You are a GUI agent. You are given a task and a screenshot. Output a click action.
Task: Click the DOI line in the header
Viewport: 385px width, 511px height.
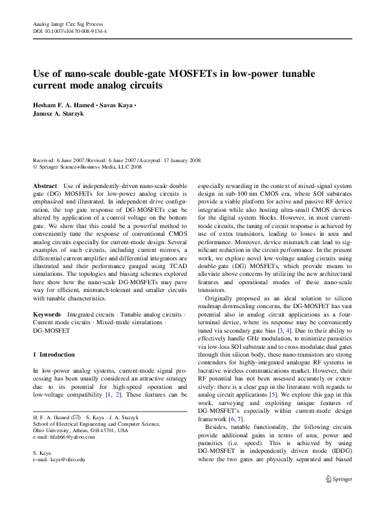[x=70, y=31]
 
